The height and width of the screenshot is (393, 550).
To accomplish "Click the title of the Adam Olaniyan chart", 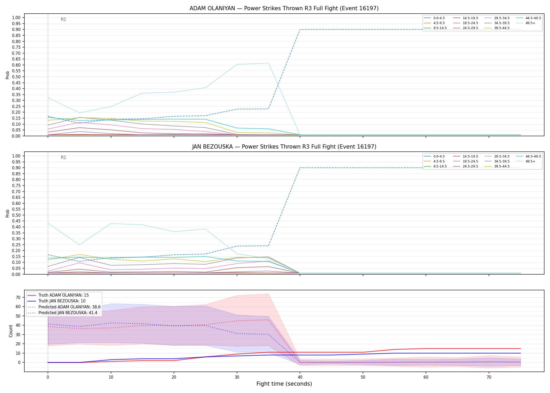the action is [x=284, y=8].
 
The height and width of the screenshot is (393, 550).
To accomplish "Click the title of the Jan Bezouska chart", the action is [x=284, y=147].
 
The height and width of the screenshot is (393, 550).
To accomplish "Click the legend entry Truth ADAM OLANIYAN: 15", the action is [x=58, y=295].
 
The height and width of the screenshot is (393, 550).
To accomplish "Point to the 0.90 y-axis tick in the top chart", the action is [x=16, y=30].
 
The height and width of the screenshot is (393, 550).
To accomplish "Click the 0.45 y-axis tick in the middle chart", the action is [x=16, y=227].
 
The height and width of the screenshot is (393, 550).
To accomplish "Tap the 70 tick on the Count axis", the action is [x=18, y=297].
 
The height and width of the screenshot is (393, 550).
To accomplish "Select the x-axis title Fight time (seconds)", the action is [x=284, y=384].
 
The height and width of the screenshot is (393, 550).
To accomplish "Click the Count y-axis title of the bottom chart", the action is [x=11, y=331].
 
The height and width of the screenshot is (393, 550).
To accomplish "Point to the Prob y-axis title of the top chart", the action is [x=8, y=75].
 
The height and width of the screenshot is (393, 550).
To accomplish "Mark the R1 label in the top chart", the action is [x=63, y=19].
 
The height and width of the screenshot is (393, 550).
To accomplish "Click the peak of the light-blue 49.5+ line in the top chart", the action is [x=268, y=63].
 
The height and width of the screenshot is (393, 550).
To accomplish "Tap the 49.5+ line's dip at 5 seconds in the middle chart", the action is [x=79, y=245].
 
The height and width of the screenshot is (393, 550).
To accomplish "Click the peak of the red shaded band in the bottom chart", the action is [x=268, y=294].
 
